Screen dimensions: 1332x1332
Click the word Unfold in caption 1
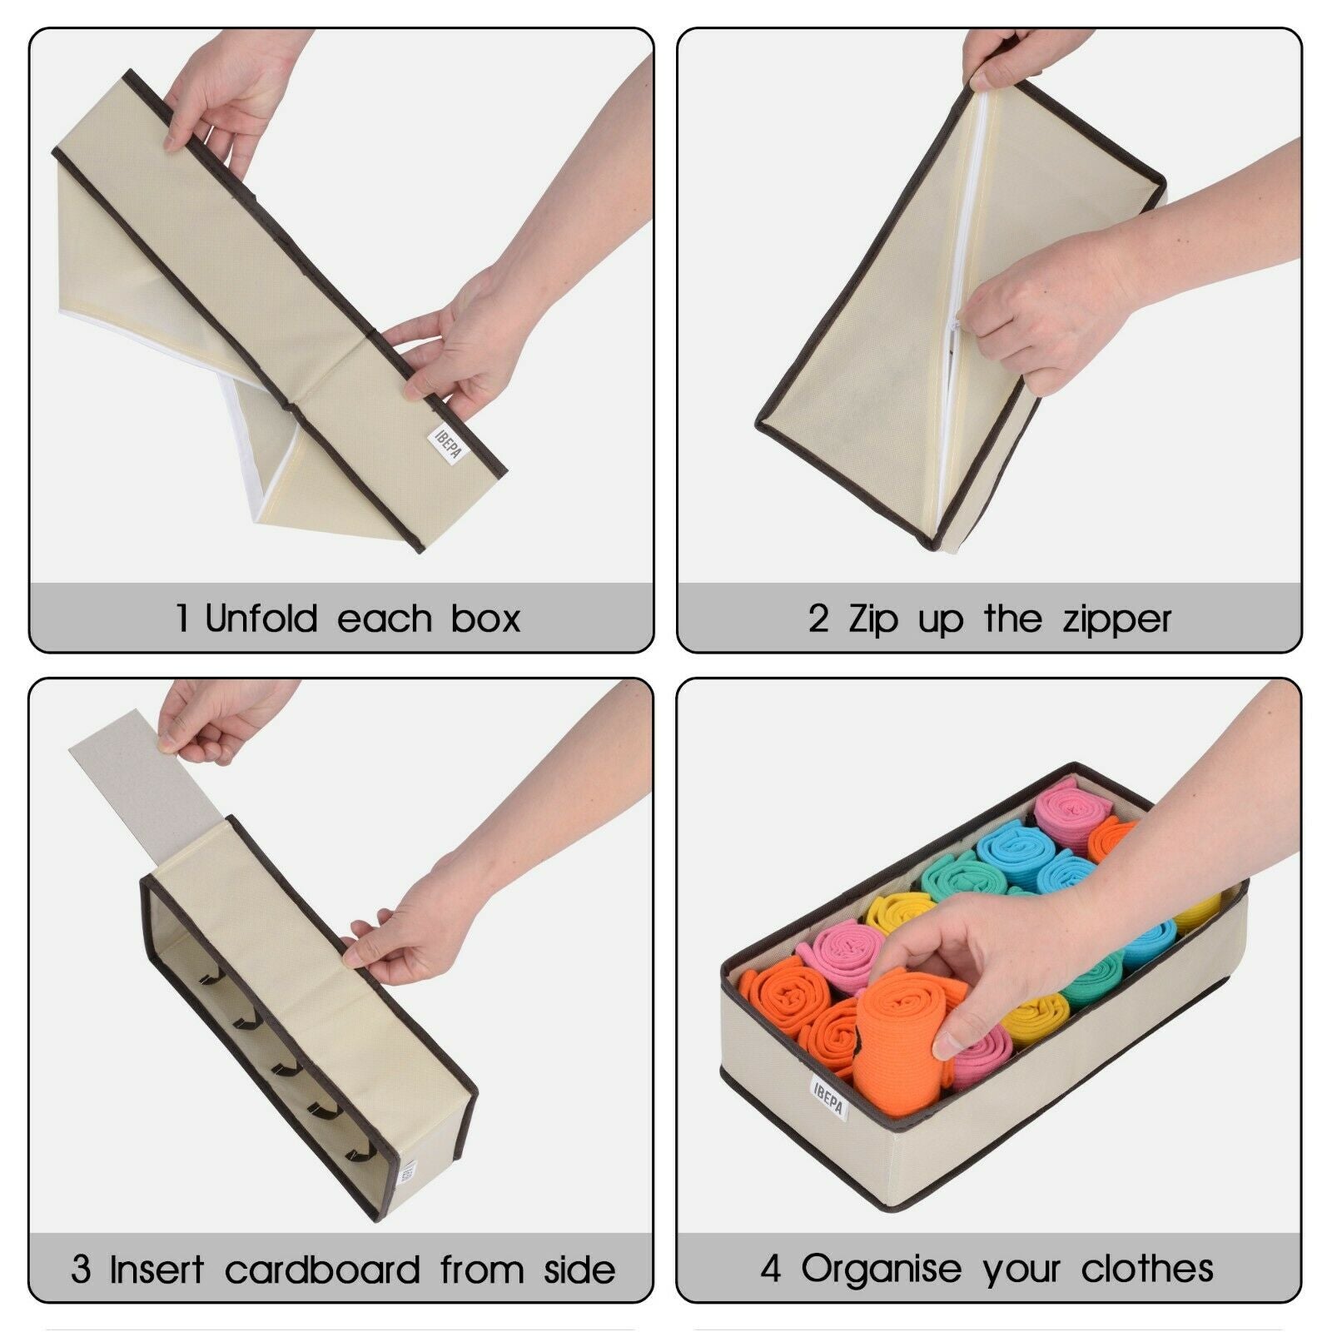(x=262, y=619)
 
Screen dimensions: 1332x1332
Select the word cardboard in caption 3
(x=322, y=1270)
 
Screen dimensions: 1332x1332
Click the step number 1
(x=182, y=619)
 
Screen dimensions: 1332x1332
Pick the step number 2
(x=818, y=619)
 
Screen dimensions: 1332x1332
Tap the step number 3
(x=81, y=1270)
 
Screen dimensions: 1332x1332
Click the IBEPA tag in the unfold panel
(x=449, y=444)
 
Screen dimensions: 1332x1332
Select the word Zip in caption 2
(x=873, y=620)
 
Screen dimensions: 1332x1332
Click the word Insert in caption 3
(x=157, y=1270)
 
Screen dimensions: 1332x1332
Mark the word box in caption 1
(x=486, y=619)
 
